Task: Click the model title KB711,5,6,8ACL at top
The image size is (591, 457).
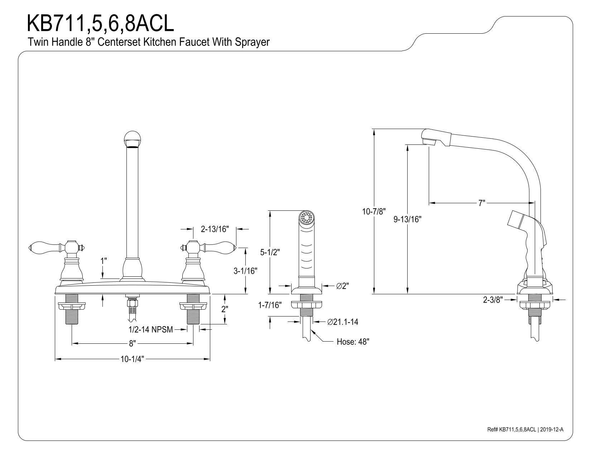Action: pos(100,24)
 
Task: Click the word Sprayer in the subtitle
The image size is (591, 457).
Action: pos(252,42)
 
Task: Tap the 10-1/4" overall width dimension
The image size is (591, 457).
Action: pos(132,359)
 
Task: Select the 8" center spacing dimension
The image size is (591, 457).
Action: pos(132,343)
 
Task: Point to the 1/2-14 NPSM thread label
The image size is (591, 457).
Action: pos(151,330)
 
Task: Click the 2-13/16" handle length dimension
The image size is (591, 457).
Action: pos(215,229)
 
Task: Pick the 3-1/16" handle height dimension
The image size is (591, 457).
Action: pos(245,271)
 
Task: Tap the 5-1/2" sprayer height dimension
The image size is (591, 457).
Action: pos(270,252)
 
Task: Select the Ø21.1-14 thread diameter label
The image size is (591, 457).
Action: pos(343,322)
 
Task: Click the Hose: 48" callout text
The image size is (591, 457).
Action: pos(353,342)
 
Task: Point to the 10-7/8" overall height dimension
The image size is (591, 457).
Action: pos(374,211)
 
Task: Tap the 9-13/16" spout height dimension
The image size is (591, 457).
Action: pos(407,219)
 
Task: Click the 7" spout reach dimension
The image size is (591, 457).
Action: pos(482,203)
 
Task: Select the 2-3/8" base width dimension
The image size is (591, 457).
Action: pos(493,300)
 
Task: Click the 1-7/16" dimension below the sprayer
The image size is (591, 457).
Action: pos(270,305)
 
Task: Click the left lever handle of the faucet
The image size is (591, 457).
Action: pos(56,247)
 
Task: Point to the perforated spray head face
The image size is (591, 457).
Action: pos(306,218)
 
